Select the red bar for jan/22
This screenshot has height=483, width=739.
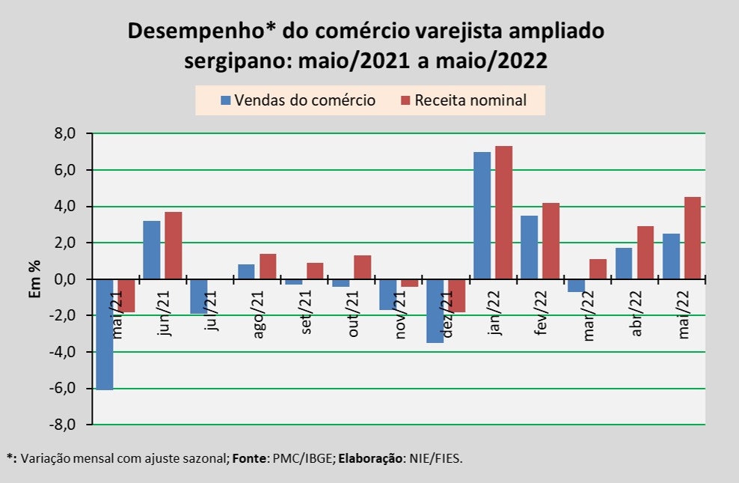(503, 213)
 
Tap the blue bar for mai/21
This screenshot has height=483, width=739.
(104, 334)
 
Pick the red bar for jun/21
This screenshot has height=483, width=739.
(174, 246)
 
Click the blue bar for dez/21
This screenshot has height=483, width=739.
(435, 311)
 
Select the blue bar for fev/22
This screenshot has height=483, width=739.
(529, 247)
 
